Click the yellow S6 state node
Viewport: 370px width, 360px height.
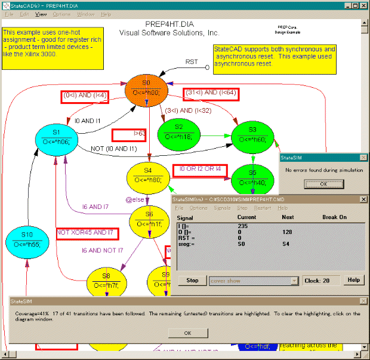[149, 220]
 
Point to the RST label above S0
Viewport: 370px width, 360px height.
[192, 61]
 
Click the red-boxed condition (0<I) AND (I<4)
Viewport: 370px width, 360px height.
[85, 95]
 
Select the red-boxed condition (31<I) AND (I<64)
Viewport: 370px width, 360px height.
[211, 93]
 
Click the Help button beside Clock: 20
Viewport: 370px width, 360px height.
[354, 280]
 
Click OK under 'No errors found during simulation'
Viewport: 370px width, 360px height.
[323, 184]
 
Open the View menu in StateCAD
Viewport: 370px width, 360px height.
[41, 14]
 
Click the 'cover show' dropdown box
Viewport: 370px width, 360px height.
[254, 281]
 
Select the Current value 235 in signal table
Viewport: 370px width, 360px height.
[243, 226]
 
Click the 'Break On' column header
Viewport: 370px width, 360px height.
[334, 217]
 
